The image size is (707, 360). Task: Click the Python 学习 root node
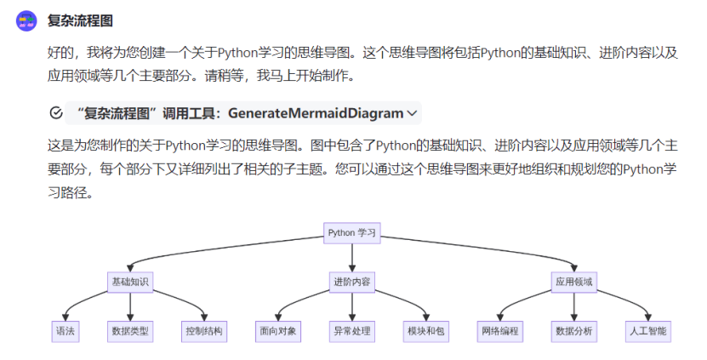[x=351, y=231]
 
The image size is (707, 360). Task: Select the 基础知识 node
[x=129, y=281]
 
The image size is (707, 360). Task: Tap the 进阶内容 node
[x=351, y=281]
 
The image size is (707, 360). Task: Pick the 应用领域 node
[x=573, y=281]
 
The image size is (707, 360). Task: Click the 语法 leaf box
[x=66, y=331]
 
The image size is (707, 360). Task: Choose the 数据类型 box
[x=130, y=331]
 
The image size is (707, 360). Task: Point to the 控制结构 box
[x=204, y=331]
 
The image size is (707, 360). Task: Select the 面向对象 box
[x=277, y=331]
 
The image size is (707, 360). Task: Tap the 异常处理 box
[x=351, y=331]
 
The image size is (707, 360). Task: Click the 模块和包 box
[x=425, y=331]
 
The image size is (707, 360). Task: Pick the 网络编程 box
[x=499, y=331]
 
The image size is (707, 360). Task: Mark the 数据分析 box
[x=573, y=331]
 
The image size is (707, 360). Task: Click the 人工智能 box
[x=647, y=331]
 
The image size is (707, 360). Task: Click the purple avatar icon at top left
[x=27, y=20]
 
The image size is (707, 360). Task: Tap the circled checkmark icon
[x=57, y=113]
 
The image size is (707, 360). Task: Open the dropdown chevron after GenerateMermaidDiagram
[x=413, y=113]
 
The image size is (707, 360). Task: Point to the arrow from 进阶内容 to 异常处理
[x=351, y=306]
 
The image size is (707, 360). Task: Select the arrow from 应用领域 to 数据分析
[x=573, y=306]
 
